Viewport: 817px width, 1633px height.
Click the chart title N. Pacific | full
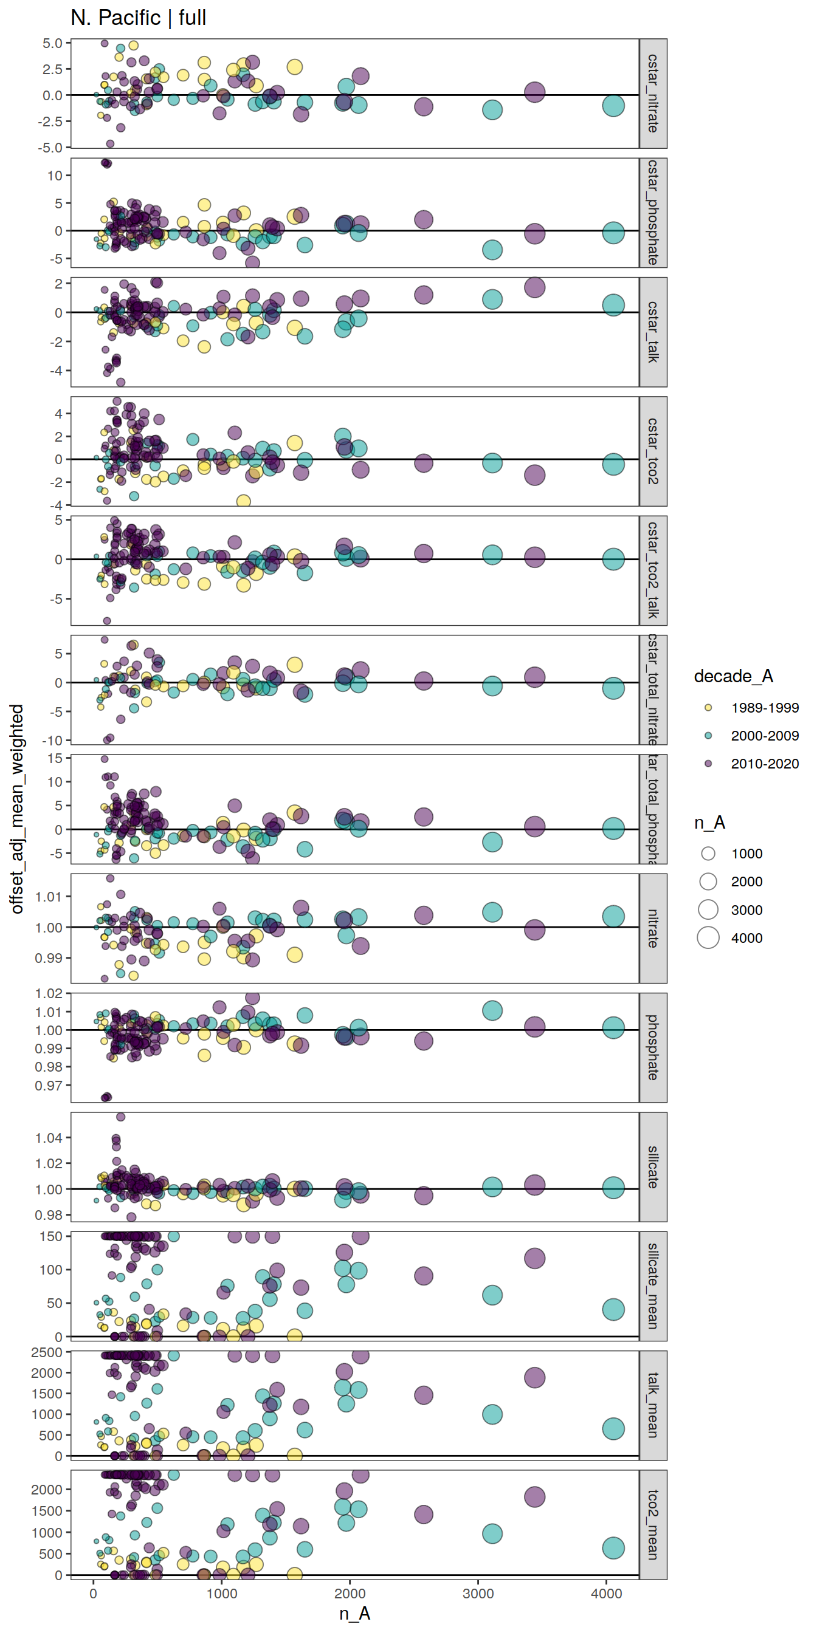pos(138,18)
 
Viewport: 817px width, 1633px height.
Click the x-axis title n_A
pos(354,1614)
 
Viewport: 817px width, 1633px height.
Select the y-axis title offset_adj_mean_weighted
pos(17,808)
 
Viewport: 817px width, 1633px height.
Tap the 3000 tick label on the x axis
pos(478,1593)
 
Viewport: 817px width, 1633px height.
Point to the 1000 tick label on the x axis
pos(221,1593)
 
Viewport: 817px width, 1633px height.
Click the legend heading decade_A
pos(733,676)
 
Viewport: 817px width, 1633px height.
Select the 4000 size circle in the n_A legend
pos(708,937)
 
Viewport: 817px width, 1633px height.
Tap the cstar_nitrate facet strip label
pos(653,93)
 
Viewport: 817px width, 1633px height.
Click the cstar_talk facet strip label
pos(653,332)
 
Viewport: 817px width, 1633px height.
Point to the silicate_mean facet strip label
pos(653,1286)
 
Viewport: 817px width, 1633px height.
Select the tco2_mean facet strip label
pos(653,1525)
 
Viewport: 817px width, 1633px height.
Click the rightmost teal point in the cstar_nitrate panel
pos(613,105)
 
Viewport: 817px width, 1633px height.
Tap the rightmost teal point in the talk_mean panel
pos(613,1429)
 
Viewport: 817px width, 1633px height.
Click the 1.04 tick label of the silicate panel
pos(49,1138)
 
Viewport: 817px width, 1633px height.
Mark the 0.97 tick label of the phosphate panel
pos(49,1085)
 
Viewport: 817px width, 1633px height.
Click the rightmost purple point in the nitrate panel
pos(534,930)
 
